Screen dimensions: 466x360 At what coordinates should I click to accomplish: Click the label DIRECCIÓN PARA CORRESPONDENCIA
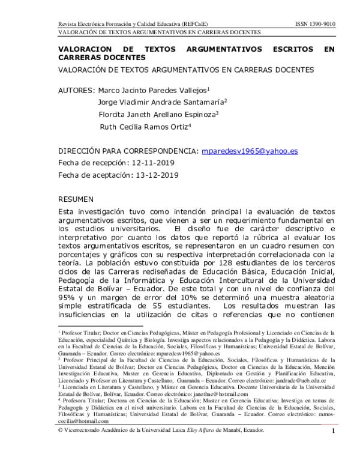128,151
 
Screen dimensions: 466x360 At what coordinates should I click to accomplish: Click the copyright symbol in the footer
60,447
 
